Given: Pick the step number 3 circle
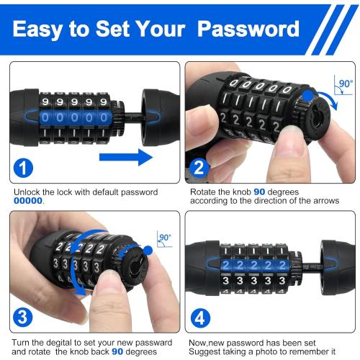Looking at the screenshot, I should point(24,317).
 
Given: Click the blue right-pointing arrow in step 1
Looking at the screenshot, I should point(125,156).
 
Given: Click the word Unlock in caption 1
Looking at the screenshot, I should point(27,193).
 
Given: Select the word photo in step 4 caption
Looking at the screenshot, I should point(269,351).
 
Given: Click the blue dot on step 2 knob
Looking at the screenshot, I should point(309,95).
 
